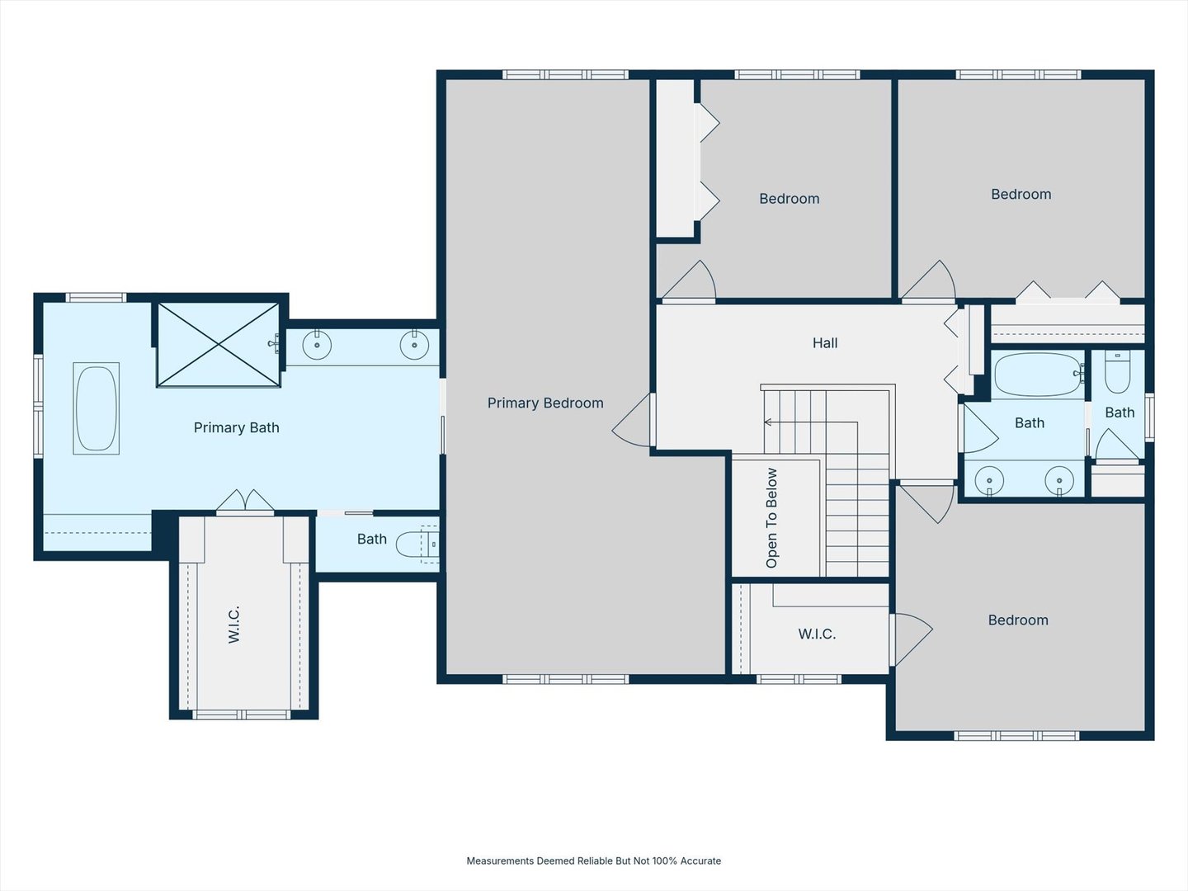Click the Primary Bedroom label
[545, 403]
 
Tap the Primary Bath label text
[237, 428]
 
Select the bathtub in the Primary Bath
[97, 408]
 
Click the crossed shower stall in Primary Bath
[219, 345]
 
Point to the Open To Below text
[772, 518]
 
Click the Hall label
[825, 343]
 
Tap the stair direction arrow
[811, 422]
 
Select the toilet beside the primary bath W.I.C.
[417, 544]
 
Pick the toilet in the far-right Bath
[1118, 371]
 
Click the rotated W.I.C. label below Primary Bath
[233, 625]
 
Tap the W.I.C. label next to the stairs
[817, 634]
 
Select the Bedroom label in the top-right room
[1021, 195]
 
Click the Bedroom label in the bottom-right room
[1018, 620]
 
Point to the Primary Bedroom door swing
[632, 421]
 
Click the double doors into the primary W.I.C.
[245, 502]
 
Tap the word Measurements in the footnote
[500, 860]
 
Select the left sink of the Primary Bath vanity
[317, 345]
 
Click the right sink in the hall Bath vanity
[1059, 480]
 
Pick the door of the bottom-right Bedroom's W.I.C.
[912, 639]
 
